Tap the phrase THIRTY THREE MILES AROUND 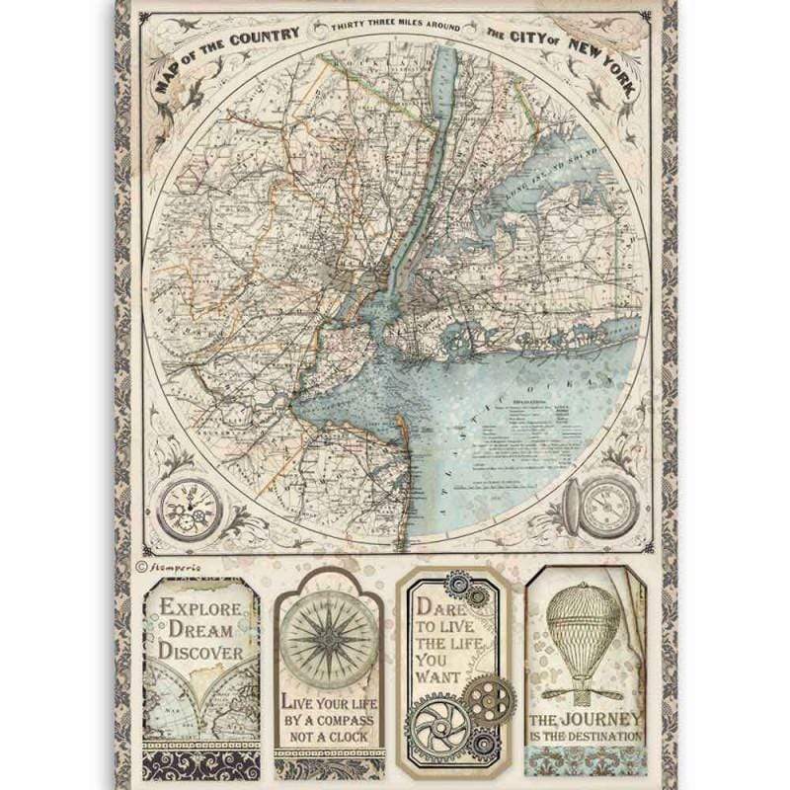[396, 31]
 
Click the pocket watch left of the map [189, 510]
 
